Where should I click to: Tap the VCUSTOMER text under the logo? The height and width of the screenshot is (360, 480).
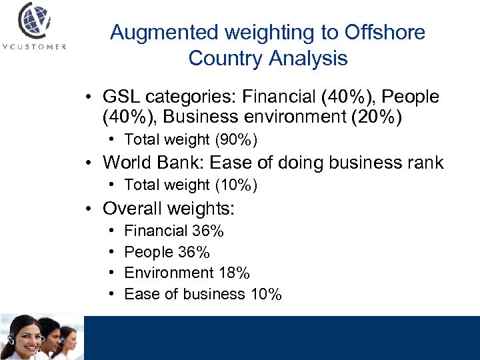[35, 47]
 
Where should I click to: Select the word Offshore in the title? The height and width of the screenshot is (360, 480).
[385, 32]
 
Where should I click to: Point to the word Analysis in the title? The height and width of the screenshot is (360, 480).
[307, 58]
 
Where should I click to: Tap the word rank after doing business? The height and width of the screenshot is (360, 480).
[423, 163]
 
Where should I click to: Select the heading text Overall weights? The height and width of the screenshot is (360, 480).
[169, 209]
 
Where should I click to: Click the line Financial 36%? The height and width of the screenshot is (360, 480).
[174, 231]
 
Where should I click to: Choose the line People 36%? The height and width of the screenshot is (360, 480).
[167, 252]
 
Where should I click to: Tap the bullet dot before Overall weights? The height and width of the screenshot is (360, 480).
[89, 209]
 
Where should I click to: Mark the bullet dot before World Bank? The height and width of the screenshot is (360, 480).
[89, 163]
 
